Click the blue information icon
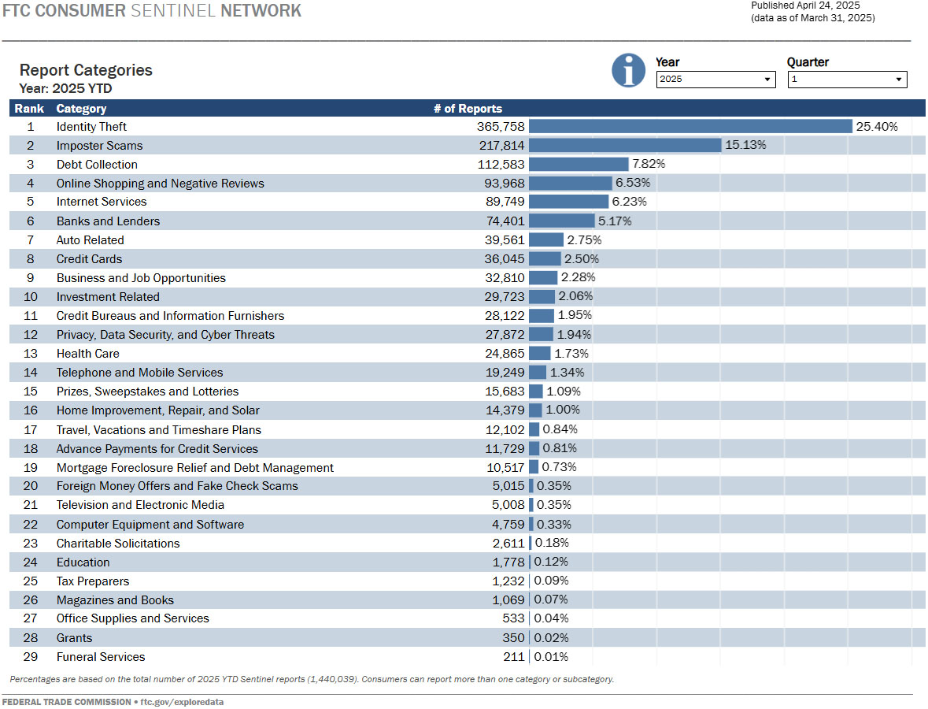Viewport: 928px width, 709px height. point(628,71)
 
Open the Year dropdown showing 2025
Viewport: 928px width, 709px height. point(715,80)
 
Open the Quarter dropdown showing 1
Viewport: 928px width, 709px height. point(847,80)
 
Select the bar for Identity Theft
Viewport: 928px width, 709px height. point(690,127)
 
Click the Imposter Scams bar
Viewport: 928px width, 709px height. point(625,146)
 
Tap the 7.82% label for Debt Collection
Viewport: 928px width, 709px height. point(649,165)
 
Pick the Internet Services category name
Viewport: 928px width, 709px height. point(102,202)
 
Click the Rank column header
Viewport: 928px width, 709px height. point(29,109)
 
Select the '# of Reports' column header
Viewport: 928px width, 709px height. point(468,109)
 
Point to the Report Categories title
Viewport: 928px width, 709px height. point(86,70)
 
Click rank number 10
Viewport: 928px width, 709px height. point(31,297)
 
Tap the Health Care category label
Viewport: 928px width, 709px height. point(88,354)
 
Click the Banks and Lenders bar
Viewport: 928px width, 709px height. point(561,221)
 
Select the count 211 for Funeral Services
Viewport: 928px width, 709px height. point(513,657)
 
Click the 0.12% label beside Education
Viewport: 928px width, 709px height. point(551,562)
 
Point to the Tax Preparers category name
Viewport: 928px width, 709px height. point(93,581)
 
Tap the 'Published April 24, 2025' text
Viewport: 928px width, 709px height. point(805,6)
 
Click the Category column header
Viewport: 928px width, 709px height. point(81,109)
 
